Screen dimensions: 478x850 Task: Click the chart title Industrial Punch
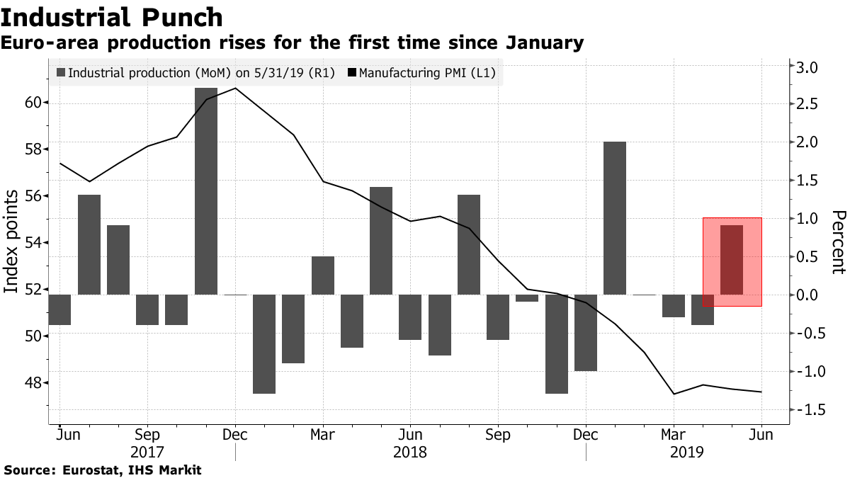click(x=113, y=17)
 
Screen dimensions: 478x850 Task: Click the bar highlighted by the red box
click(x=732, y=259)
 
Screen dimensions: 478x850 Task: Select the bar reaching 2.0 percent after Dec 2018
click(x=615, y=217)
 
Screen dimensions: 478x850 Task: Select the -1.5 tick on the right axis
click(x=806, y=410)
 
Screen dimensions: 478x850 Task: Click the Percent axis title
click(x=839, y=241)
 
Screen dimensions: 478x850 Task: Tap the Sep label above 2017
click(x=147, y=434)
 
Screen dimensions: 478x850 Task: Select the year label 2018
click(x=410, y=451)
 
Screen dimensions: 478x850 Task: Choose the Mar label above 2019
click(x=674, y=434)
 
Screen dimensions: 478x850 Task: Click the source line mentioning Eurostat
click(x=103, y=470)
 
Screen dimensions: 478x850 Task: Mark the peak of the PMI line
click(x=235, y=89)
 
